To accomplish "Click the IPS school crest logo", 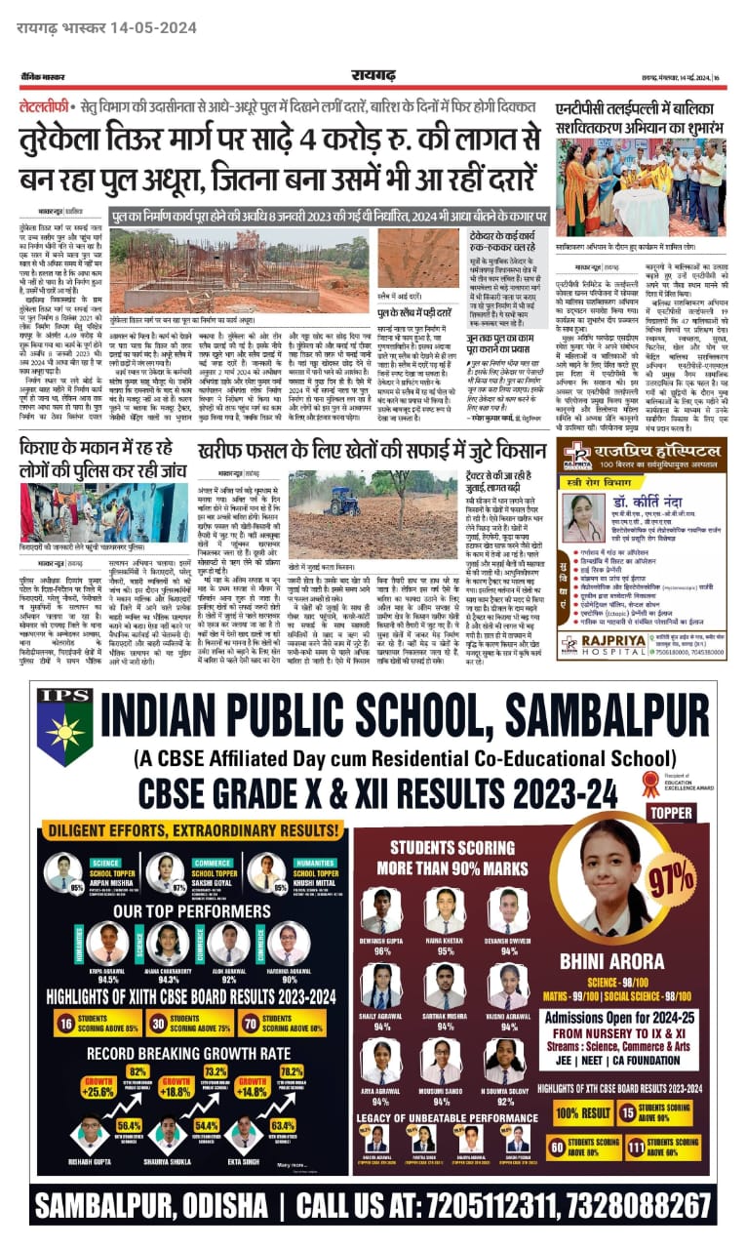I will tap(65, 731).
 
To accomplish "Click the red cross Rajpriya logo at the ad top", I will tap(580, 455).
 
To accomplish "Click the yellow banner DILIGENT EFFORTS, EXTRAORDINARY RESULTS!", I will tap(179, 829).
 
